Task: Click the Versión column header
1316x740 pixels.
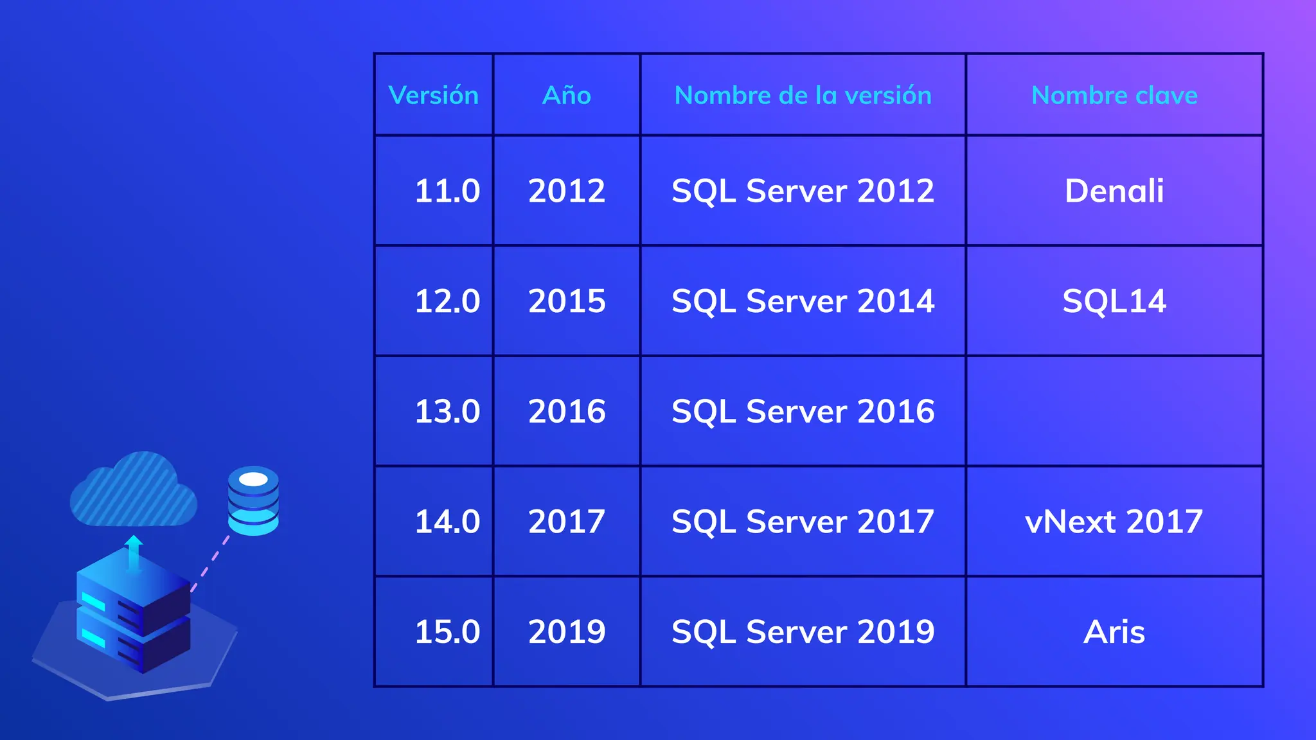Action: pos(434,95)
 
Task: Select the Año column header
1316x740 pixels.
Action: pos(566,95)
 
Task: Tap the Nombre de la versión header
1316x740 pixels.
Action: pos(803,95)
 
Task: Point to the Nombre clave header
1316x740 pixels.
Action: pos(1114,95)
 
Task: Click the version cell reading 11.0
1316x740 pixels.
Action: pos(447,191)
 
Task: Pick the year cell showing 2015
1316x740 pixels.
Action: pos(567,301)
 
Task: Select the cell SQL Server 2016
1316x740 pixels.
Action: pos(803,411)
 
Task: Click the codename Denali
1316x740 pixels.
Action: pos(1114,191)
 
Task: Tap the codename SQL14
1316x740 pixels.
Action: pos(1114,301)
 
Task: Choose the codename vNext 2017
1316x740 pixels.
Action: pos(1114,522)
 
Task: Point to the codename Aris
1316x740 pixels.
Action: pos(1114,632)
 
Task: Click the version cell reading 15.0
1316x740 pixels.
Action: pos(447,632)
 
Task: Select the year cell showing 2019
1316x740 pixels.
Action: pos(567,632)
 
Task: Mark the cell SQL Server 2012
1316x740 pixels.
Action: pos(803,191)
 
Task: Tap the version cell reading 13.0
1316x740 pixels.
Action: pos(447,411)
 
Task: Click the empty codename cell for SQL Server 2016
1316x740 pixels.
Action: pos(1114,411)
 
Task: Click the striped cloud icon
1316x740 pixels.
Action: pos(133,491)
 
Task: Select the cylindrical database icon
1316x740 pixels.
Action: pos(253,501)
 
